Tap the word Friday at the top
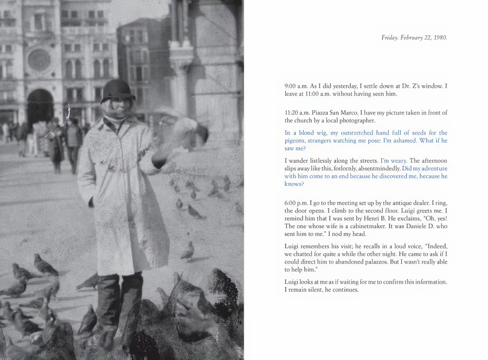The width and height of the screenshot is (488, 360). pyautogui.click(x=390, y=37)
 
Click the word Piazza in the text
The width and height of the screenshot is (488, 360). pyautogui.click(x=323, y=112)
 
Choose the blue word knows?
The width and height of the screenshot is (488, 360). pyautogui.click(x=294, y=184)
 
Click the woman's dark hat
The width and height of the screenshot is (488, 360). pyautogui.click(x=118, y=89)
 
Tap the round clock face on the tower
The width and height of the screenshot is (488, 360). pyautogui.click(x=39, y=60)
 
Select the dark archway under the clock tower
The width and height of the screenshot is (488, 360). pyautogui.click(x=40, y=106)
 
